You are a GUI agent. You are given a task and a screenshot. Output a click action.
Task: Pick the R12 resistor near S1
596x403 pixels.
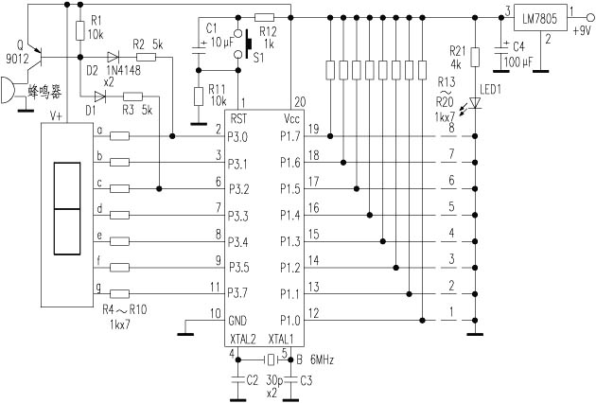click(x=264, y=17)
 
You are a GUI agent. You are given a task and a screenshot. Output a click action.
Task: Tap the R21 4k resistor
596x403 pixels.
click(x=476, y=58)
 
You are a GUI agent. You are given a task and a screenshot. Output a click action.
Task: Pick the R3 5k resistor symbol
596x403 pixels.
click(x=132, y=96)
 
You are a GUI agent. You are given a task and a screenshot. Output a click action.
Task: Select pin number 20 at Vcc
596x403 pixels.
click(x=301, y=103)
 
